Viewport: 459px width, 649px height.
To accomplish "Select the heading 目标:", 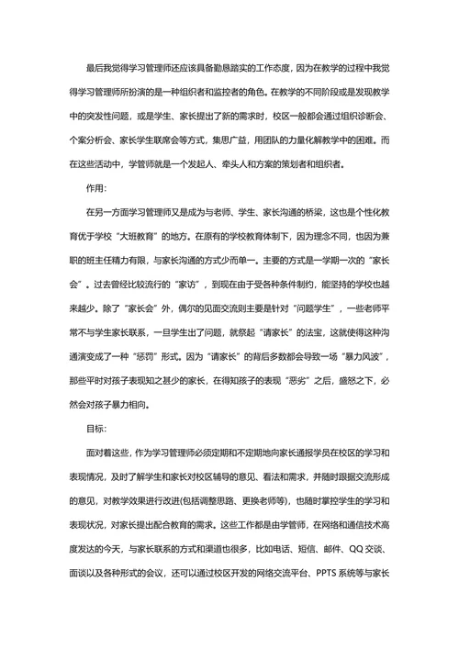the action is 95,428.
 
